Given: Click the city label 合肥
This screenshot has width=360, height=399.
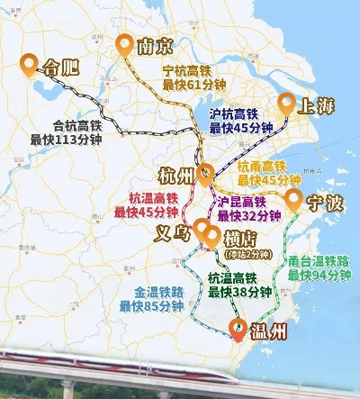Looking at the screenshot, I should (x=62, y=65).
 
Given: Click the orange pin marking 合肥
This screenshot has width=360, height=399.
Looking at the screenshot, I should (x=30, y=63).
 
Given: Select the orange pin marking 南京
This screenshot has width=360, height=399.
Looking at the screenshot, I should (x=124, y=44).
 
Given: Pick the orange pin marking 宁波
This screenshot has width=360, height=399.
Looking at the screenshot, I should (x=293, y=198).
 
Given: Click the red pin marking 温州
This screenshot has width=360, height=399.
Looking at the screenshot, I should (x=238, y=330).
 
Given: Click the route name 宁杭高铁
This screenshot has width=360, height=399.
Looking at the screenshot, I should (x=193, y=70).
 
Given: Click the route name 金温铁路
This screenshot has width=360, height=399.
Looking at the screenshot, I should (x=150, y=292).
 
